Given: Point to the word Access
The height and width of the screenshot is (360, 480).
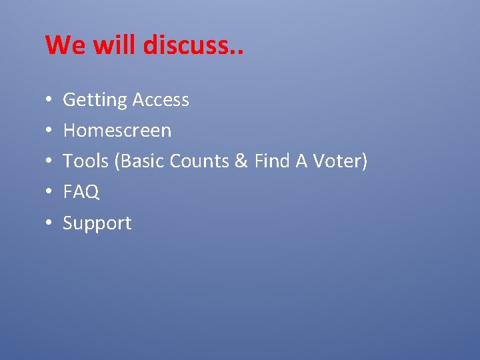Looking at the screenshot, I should pos(160,100).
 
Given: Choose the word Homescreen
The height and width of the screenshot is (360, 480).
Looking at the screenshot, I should pos(117,131).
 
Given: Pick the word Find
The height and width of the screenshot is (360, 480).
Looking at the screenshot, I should pos(270,161).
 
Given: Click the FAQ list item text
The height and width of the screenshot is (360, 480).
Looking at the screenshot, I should pos(81,192).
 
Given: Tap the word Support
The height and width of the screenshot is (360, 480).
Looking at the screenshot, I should pos(97,223).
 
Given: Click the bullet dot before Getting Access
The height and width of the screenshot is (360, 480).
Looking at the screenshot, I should pos(49,101).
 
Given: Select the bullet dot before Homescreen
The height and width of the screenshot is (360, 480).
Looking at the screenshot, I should pos(49,131).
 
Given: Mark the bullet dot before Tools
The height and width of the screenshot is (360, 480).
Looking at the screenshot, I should pos(49,162).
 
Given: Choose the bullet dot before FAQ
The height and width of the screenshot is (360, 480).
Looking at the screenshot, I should pos(49,193).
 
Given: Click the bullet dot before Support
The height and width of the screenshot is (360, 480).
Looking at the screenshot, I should pos(49,223).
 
